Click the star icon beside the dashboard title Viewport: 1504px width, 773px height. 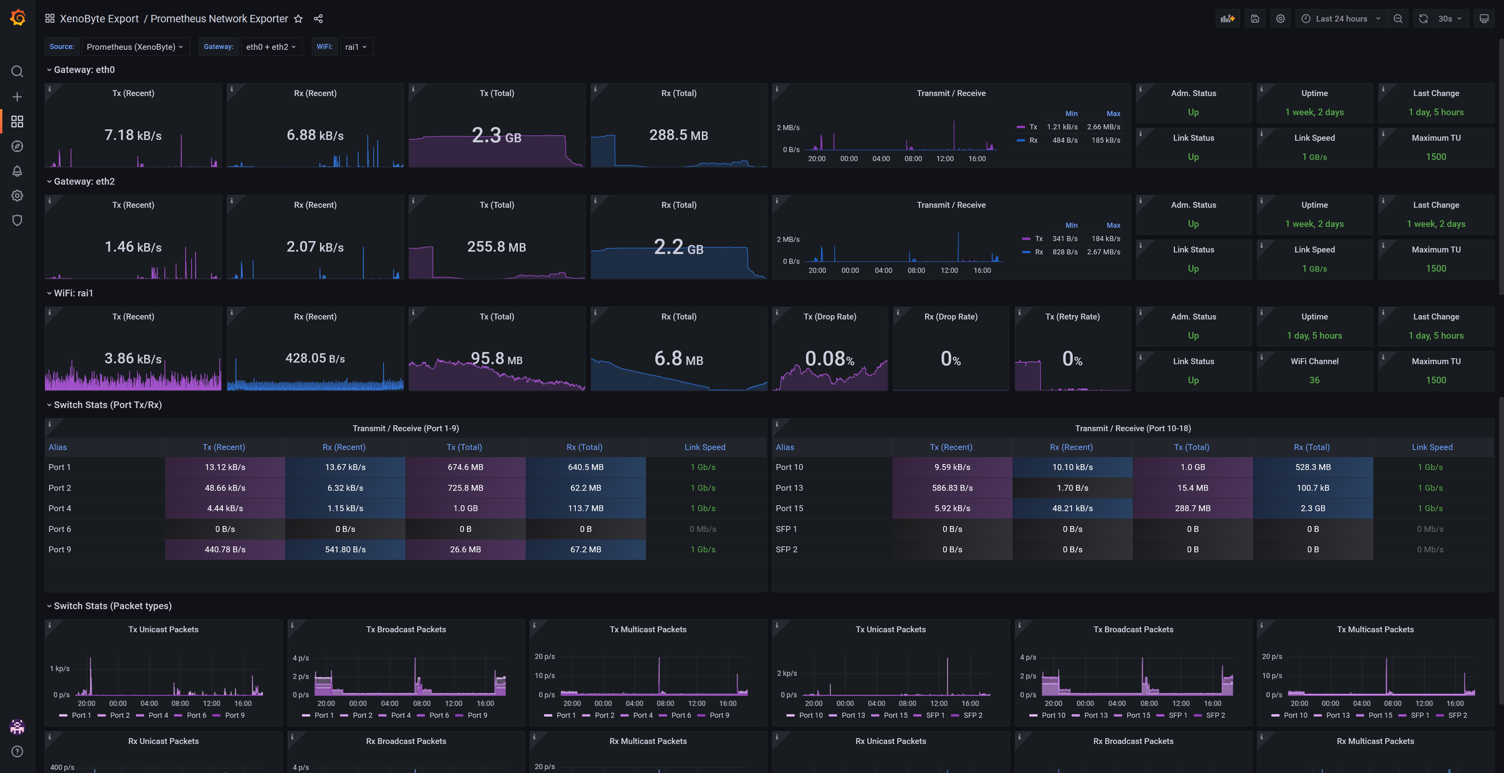pos(298,19)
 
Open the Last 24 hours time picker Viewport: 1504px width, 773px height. pos(1341,19)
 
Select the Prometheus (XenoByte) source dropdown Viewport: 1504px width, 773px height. pos(135,47)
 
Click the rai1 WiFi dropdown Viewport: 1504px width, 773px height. pos(356,47)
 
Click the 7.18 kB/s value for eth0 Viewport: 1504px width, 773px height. pos(133,135)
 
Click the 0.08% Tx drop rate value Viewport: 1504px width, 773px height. pos(830,358)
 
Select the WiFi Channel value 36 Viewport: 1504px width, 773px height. pos(1314,380)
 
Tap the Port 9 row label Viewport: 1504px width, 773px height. pos(60,549)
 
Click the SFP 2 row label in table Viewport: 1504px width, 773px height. pos(786,549)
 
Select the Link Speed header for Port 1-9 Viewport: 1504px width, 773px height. pos(705,447)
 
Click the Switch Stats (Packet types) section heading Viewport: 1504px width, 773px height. pos(113,606)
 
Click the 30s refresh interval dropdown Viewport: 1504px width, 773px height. pos(1450,19)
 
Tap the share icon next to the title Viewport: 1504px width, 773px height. pos(318,19)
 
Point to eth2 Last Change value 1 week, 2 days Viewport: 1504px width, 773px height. pos(1436,224)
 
